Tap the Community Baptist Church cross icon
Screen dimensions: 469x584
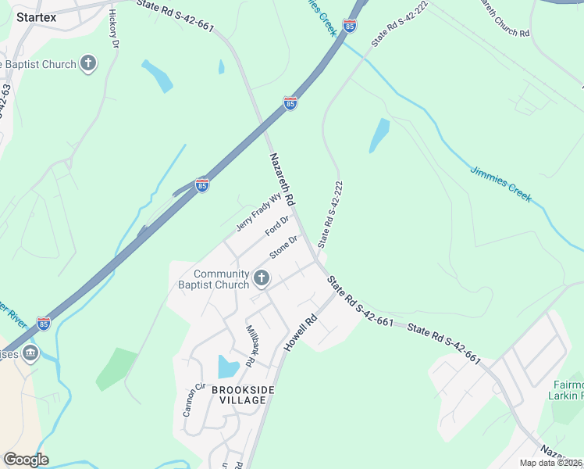[x=262, y=278]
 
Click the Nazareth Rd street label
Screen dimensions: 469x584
[x=282, y=179]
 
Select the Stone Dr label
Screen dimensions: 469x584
[x=284, y=248]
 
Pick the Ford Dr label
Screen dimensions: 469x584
[x=276, y=227]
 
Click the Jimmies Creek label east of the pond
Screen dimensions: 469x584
[x=501, y=184]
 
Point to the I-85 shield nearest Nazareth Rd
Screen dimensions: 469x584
[x=290, y=103]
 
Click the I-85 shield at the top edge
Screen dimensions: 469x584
[x=350, y=27]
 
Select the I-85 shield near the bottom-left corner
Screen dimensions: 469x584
[x=44, y=322]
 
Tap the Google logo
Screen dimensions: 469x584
[x=26, y=460]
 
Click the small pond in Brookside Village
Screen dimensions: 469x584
[x=228, y=367]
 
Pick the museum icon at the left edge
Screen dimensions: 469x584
[x=30, y=353]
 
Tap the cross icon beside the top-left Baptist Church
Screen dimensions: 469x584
[x=88, y=64]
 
